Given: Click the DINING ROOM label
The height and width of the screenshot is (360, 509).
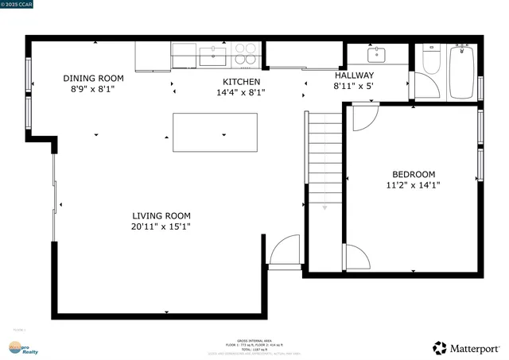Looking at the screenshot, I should click(x=94, y=78).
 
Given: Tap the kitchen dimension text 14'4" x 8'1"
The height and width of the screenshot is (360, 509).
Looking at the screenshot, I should click(x=241, y=92).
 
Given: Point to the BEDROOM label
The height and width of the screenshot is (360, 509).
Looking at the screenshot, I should click(x=414, y=175).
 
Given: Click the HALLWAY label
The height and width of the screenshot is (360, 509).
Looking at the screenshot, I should click(x=353, y=75).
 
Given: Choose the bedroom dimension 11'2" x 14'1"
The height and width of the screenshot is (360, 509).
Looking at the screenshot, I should click(x=414, y=185).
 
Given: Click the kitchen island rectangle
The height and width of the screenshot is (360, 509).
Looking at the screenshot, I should click(x=216, y=132).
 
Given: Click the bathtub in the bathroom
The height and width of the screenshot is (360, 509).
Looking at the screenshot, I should click(x=461, y=72).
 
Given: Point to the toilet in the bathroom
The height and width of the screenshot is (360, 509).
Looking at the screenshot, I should click(x=430, y=61).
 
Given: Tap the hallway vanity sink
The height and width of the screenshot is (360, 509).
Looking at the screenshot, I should click(x=376, y=56).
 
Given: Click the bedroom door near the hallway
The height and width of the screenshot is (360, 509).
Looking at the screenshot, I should click(x=363, y=118).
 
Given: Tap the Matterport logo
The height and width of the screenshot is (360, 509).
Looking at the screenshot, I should click(x=467, y=348).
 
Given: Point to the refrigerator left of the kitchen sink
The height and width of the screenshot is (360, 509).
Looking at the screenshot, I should click(x=153, y=56).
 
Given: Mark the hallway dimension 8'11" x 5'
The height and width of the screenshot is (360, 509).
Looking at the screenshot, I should click(x=353, y=86).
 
